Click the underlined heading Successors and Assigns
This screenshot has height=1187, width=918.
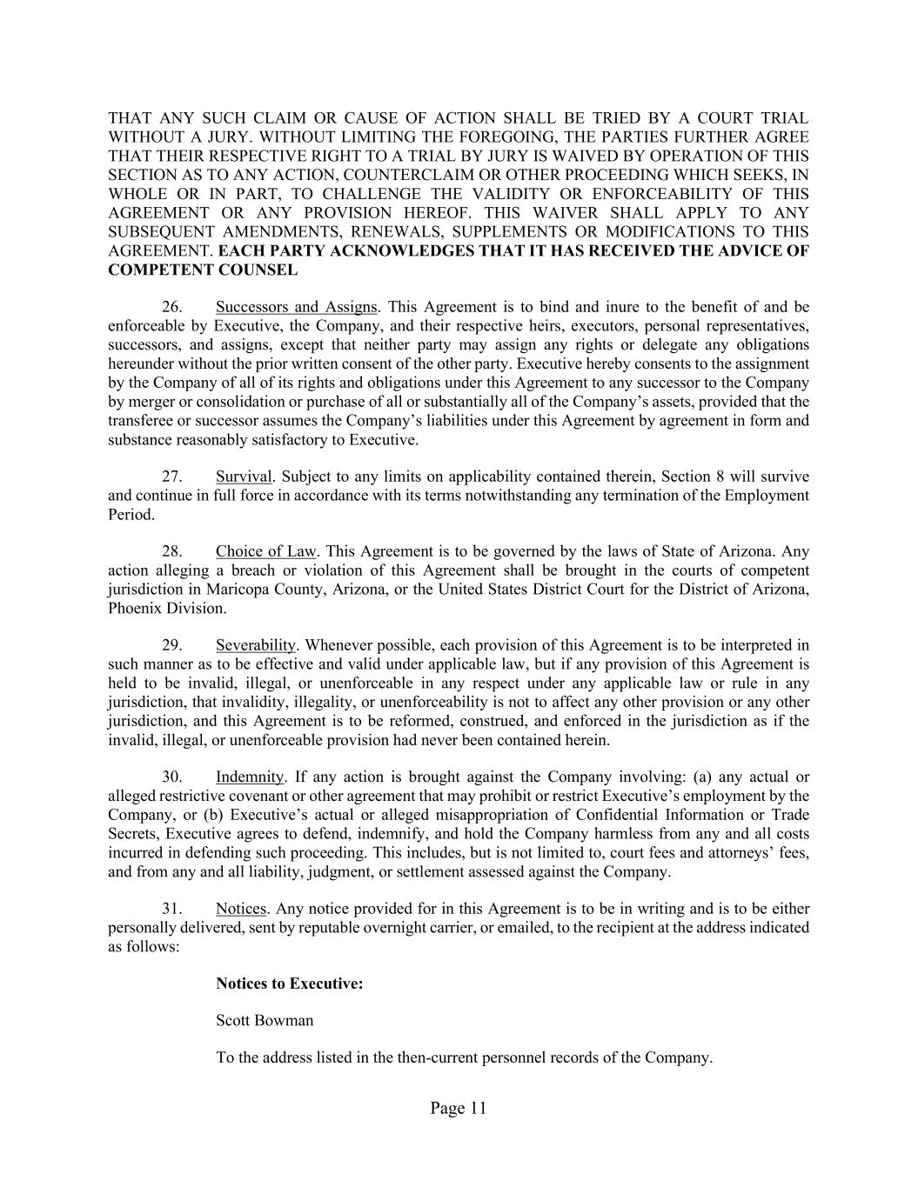(x=296, y=307)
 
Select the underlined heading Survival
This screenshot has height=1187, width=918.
(x=244, y=477)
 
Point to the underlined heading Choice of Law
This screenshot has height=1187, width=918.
(x=266, y=551)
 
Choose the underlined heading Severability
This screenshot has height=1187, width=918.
(x=256, y=645)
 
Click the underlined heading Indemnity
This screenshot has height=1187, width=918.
(x=250, y=777)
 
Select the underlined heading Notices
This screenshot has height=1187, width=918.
(x=240, y=909)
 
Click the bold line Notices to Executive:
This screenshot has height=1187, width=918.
(x=289, y=984)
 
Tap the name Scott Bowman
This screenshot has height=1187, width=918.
(x=265, y=1021)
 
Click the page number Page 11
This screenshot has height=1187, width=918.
(x=458, y=1108)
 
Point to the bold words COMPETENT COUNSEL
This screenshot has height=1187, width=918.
(x=203, y=270)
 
